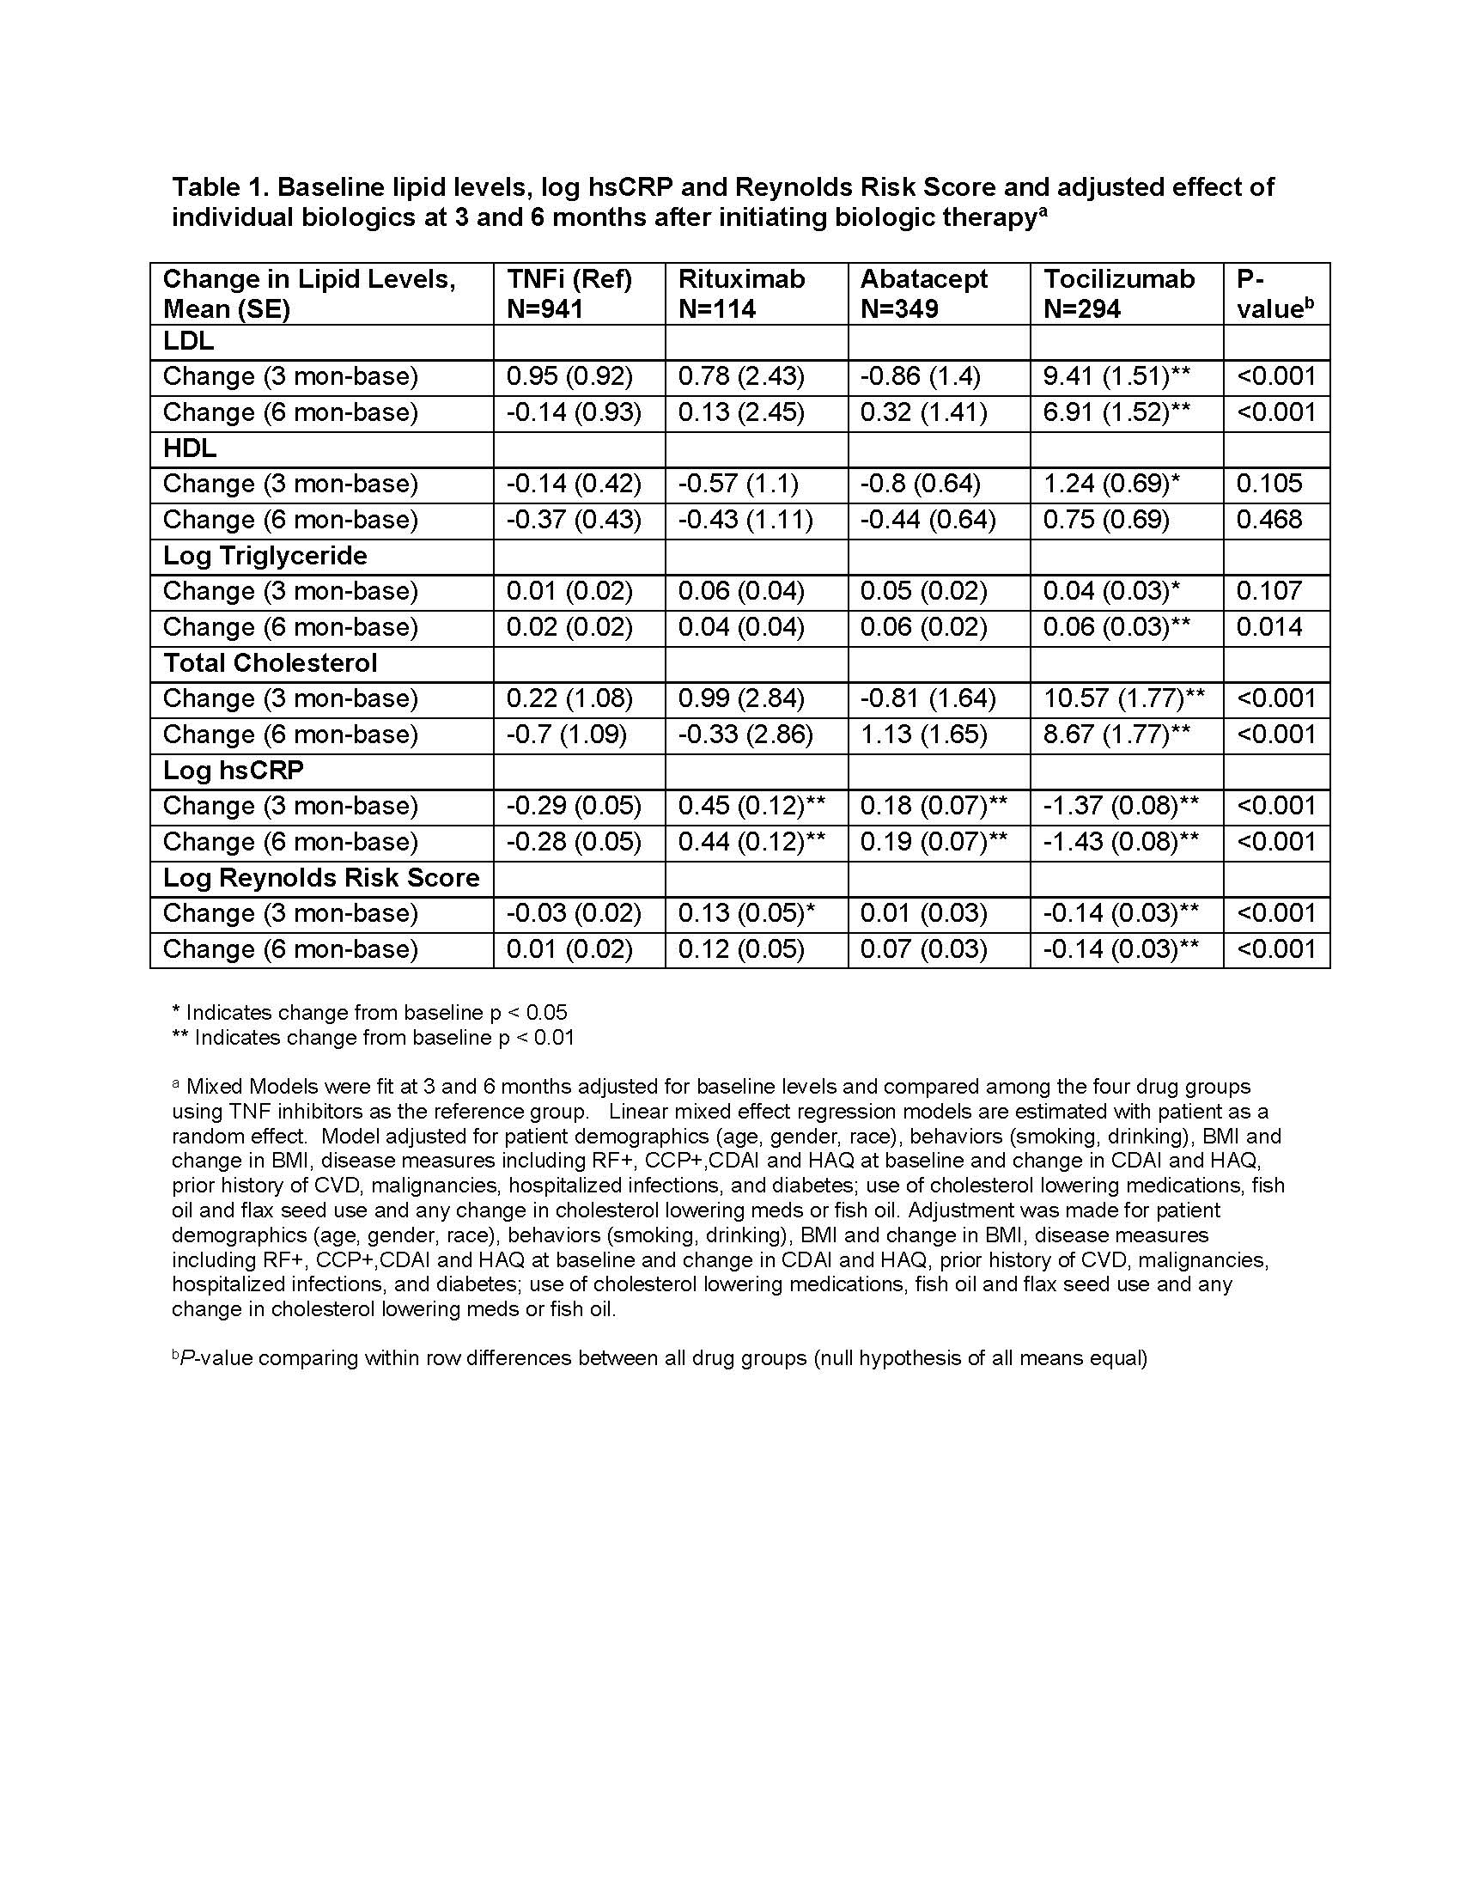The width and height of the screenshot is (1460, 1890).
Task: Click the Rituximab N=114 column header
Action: click(741, 293)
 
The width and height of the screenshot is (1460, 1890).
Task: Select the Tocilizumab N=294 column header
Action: click(1118, 293)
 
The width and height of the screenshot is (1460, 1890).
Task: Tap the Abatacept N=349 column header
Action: click(924, 293)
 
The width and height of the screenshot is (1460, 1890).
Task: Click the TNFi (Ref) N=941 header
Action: click(569, 293)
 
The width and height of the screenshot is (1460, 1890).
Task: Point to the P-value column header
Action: click(1274, 293)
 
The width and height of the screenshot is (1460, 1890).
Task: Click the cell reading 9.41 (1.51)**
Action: click(1116, 376)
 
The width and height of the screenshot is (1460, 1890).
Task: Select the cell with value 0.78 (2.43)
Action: click(741, 376)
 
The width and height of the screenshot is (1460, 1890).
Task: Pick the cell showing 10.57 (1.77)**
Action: click(1123, 698)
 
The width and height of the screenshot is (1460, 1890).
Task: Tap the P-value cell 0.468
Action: click(1268, 519)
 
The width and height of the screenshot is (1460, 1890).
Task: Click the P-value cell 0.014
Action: click(1268, 626)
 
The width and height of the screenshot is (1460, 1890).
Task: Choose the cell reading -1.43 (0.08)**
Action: click(1120, 841)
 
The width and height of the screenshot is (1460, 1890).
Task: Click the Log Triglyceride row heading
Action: click(265, 556)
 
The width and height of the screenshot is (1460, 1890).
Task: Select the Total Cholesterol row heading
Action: click(270, 663)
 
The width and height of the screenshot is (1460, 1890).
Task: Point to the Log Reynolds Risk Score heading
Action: click(321, 877)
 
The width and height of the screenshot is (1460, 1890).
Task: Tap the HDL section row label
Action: click(190, 448)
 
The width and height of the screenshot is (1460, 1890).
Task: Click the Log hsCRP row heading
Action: click(234, 771)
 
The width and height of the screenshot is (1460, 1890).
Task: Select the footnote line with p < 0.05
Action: click(370, 1013)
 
